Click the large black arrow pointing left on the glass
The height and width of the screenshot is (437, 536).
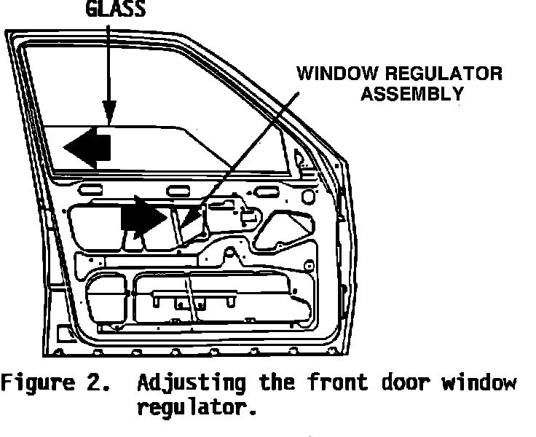(87, 147)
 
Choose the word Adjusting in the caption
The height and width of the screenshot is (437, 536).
(186, 383)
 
